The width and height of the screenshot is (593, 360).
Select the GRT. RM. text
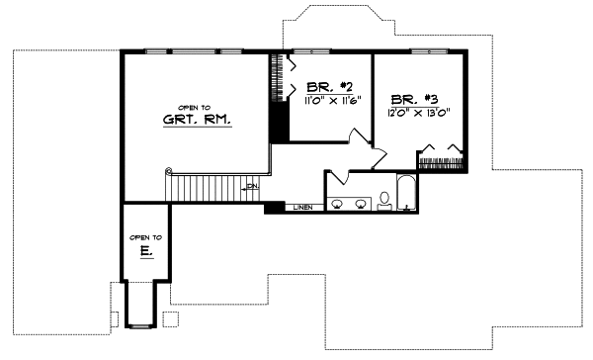point(198,122)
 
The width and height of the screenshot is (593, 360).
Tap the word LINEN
point(304,208)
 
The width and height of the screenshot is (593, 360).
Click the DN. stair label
point(253,187)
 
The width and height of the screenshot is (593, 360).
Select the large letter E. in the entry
point(146,253)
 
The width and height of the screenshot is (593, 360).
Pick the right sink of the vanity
point(360,204)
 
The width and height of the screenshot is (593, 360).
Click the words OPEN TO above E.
point(146,238)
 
